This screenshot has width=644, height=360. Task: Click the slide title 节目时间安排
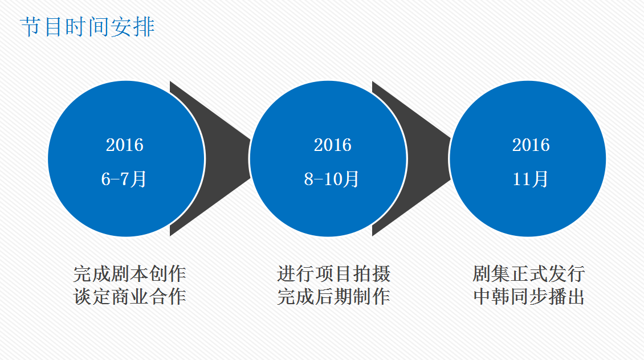coord(87,27)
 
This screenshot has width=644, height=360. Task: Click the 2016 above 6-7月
coord(125,145)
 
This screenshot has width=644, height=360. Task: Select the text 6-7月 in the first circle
coord(124,179)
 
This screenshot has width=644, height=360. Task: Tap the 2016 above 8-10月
coord(333,145)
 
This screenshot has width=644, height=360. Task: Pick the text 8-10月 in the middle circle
coord(332,179)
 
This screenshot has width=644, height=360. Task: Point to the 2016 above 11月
coord(531,145)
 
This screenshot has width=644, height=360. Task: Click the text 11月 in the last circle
coord(530,179)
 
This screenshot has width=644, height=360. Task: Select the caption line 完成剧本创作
coord(130,274)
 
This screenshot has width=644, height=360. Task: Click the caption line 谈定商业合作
coord(130,297)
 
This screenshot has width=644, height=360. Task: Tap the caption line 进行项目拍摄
coord(333,274)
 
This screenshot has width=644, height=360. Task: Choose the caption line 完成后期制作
coord(333,297)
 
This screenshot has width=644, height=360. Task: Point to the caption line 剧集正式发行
coord(529,274)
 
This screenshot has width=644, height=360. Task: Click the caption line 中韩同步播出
coord(529,297)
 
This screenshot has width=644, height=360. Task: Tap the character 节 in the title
coord(31,27)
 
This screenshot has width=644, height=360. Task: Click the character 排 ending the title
coord(144,27)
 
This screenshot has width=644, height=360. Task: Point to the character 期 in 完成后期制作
coord(343,297)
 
